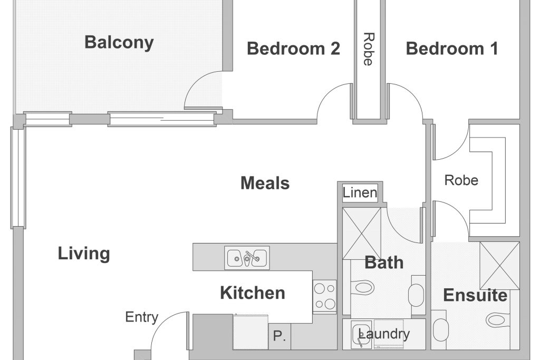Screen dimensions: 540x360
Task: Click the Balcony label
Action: pos(119,43)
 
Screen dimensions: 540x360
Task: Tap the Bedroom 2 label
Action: pos(293,48)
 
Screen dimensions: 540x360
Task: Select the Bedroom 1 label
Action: pos(452,48)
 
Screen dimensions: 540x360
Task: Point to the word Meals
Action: pos(265,183)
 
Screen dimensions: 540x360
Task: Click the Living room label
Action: pos(84,254)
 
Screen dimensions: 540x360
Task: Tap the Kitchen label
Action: pos(253,293)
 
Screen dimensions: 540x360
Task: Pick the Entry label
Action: pos(141,317)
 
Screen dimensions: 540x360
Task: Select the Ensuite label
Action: pos(475,295)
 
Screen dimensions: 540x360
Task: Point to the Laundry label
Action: pos(384,334)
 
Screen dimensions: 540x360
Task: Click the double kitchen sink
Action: pos(247,258)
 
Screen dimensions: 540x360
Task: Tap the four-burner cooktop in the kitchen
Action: pos(324,296)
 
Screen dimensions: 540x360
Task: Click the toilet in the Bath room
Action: pos(362,286)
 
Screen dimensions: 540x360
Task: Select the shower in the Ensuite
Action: pos(499,265)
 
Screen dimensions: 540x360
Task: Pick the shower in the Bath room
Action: pos(362,233)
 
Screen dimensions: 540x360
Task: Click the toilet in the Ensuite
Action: pos(498,320)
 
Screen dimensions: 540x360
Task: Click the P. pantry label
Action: pos(279,336)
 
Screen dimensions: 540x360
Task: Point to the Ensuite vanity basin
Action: pos(440,330)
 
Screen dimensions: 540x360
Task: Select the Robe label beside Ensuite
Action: pos(461,180)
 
